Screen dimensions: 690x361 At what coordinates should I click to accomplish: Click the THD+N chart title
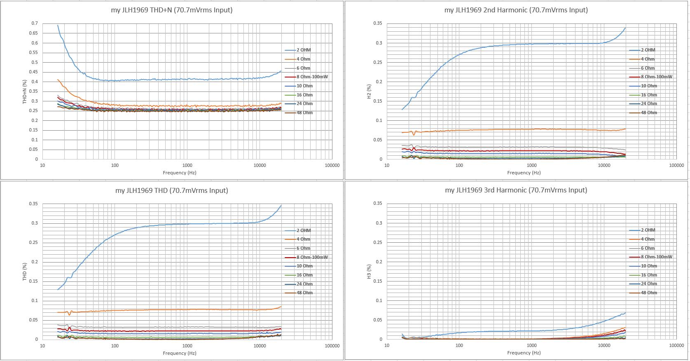tap(172, 10)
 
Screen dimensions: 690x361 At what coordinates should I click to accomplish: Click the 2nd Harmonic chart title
tap(516, 10)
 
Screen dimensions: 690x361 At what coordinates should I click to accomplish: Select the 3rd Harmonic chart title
tap(516, 190)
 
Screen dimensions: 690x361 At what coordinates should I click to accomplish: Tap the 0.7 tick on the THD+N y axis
tap(35, 23)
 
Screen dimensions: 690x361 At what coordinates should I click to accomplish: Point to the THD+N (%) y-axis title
tap(24, 91)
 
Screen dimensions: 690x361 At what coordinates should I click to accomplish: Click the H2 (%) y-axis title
tap(369, 91)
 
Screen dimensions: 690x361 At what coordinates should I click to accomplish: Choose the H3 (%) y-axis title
tap(369, 272)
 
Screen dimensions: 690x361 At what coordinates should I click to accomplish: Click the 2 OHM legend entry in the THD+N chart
tap(298, 50)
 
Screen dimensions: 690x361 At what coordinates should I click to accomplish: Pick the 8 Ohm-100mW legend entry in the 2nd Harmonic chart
tap(651, 77)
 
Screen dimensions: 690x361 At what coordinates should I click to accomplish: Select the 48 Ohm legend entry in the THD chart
tap(299, 293)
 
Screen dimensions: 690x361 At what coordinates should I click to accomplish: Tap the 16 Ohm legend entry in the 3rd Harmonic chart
tap(643, 275)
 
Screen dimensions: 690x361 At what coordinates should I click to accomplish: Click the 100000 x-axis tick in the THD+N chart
tap(332, 166)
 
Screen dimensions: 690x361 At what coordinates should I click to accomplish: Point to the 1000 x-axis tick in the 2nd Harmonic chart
tap(532, 166)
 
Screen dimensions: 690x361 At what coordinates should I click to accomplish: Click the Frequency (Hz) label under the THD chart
tap(180, 353)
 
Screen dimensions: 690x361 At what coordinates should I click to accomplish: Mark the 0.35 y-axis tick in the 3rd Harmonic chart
tap(378, 204)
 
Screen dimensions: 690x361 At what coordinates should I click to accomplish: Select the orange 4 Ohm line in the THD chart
tap(187, 309)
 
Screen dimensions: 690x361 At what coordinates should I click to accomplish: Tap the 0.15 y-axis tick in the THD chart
tap(33, 281)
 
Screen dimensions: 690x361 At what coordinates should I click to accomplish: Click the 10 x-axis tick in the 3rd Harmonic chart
tap(387, 346)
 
